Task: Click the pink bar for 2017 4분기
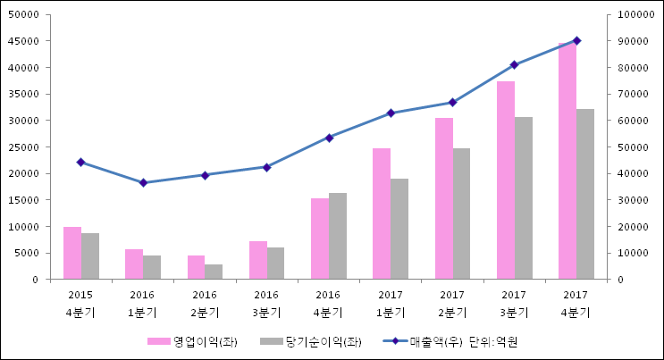point(567,161)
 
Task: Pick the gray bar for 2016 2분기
point(214,272)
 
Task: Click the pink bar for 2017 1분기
point(382,213)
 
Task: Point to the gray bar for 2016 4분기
point(338,236)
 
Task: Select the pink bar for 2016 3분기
point(258,260)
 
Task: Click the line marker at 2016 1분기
point(143,183)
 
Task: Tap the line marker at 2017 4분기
point(576,40)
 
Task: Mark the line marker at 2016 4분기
point(329,138)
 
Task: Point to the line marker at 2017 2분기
point(453,102)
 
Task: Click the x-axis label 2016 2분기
point(205,303)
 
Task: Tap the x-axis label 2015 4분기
point(80,303)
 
